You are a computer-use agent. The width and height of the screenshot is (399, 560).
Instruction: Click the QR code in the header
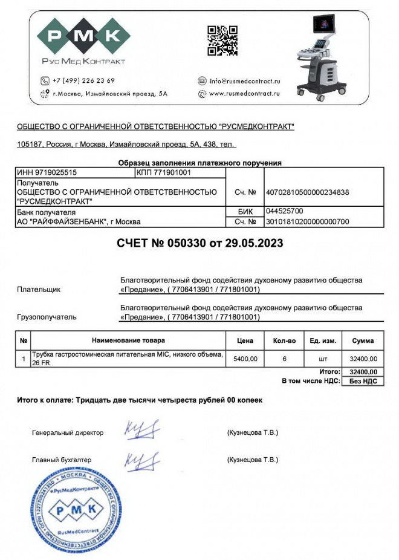pos(222,41)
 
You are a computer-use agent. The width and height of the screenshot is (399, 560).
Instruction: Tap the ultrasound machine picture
pos(321,56)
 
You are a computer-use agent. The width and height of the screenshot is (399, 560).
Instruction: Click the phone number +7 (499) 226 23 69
pos(83,80)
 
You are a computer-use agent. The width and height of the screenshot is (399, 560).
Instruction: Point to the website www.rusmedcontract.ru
pos(244,94)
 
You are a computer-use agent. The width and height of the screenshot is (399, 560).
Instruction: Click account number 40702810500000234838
pos(308,192)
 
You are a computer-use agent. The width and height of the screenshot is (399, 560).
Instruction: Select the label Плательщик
pos(39,290)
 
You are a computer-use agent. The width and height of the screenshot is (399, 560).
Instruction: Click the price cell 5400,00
pos(245,359)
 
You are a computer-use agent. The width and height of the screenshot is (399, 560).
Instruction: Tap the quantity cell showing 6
pos(284,359)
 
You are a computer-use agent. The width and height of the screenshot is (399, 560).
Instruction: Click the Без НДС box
pos(363,381)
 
